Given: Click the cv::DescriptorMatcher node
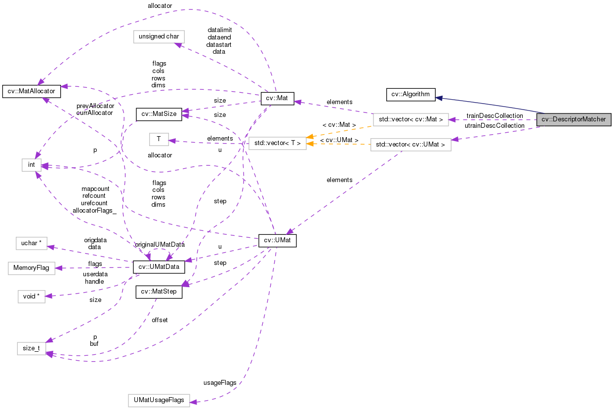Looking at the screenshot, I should pos(573,119).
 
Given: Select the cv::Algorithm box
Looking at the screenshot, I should pos(410,94).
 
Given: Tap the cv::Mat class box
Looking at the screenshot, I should pos(277,99).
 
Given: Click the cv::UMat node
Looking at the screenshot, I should pos(277,241).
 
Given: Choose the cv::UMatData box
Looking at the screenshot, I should pos(159,267).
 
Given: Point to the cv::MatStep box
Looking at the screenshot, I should pos(159,292).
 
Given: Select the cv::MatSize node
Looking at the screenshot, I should pos(159,114).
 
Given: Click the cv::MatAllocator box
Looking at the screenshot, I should pos(32,91).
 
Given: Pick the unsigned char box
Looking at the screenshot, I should pos(159,37).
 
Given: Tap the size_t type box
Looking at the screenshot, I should pos(32,348).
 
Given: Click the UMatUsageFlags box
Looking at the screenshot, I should pos(159,400).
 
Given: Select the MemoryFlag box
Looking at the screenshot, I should pos(30,268).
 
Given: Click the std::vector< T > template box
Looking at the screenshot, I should pos(277,144).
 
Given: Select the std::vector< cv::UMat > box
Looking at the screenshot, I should pos(410,145).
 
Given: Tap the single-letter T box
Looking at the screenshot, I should pos(159,139).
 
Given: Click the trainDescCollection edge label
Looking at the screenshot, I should pos(494,115).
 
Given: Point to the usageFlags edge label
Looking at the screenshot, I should pos(219,382).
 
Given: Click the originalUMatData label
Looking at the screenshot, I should pos(160,244).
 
